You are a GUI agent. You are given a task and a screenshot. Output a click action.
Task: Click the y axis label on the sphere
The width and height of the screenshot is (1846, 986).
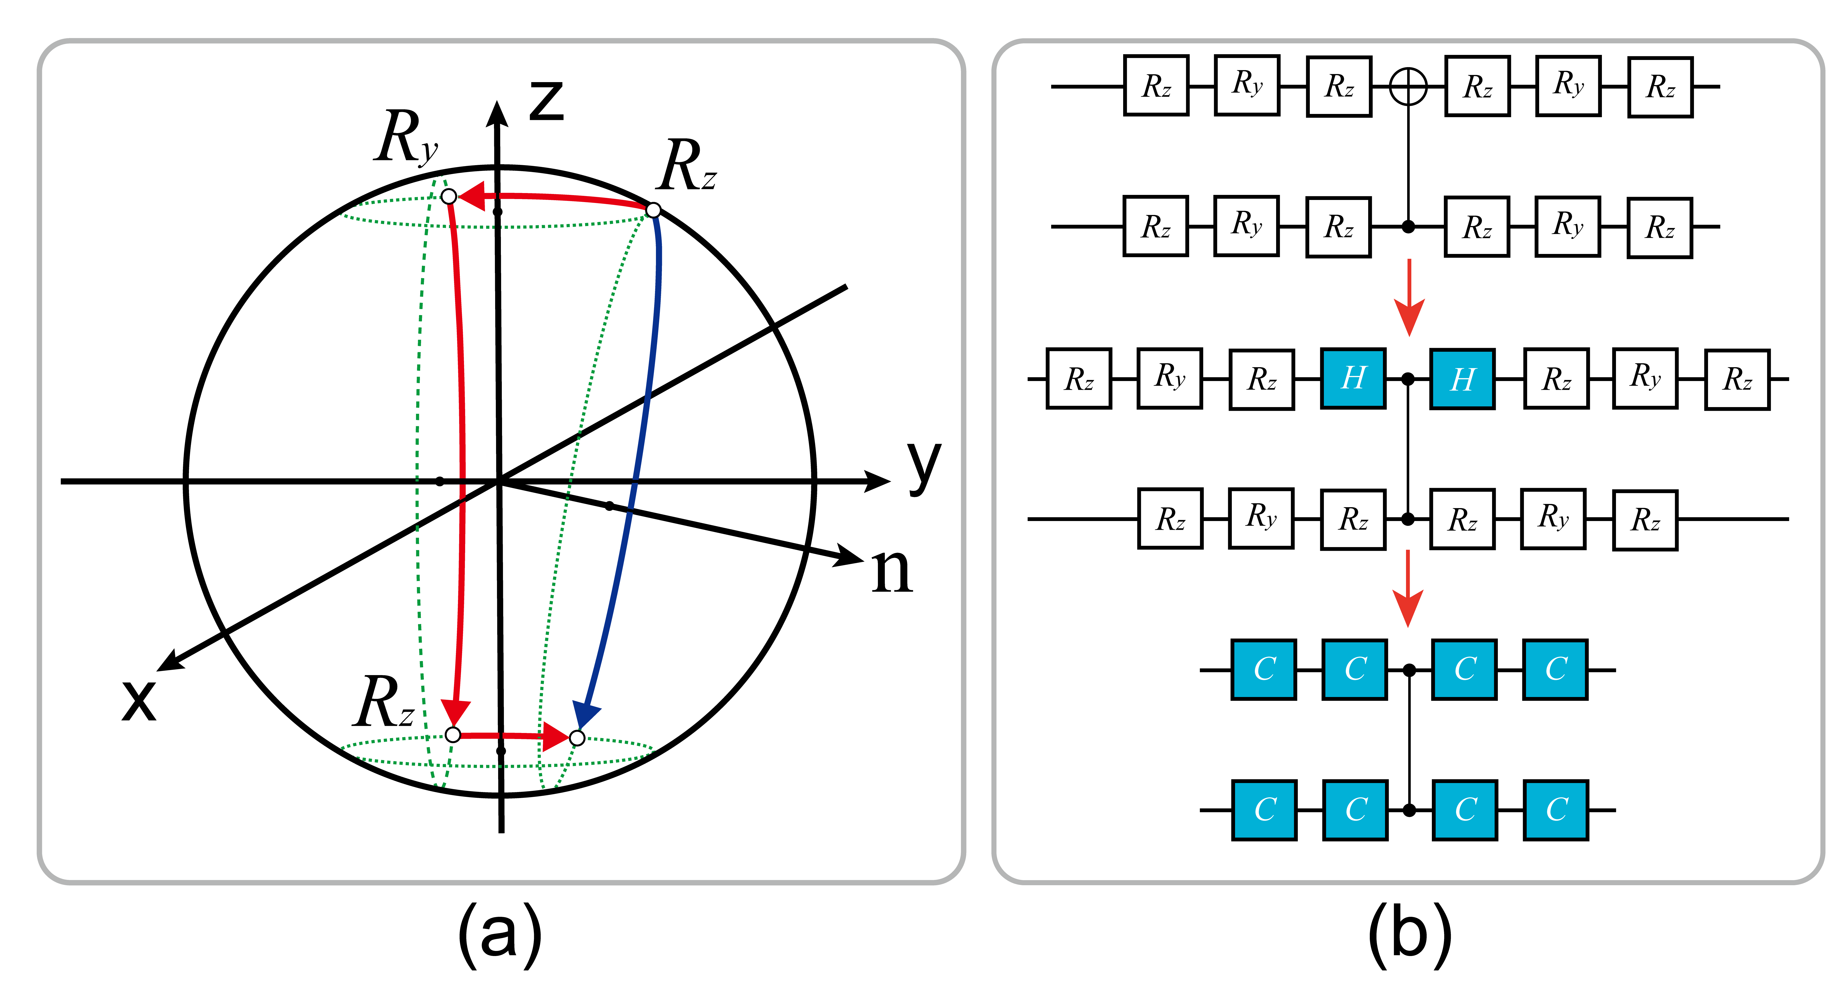pos(923,466)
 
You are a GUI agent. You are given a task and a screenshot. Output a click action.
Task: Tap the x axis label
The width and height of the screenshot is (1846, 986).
pos(138,699)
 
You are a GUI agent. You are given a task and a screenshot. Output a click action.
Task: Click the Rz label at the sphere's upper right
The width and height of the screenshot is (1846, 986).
pos(687,166)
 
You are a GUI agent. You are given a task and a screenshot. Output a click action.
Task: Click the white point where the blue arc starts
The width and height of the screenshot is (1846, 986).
pos(653,210)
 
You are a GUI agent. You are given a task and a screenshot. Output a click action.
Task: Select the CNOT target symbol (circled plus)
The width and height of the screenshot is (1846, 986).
pos(1408,87)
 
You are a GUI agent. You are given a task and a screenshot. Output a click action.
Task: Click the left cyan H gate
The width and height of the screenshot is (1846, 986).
pos(1353,378)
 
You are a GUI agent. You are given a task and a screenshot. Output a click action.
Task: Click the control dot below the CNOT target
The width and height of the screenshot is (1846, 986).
pos(1408,226)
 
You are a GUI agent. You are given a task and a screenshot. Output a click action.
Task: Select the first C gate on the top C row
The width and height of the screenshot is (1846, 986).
pos(1263,669)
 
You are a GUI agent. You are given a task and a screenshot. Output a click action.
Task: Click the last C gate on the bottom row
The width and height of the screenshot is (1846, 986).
pos(1556,810)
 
